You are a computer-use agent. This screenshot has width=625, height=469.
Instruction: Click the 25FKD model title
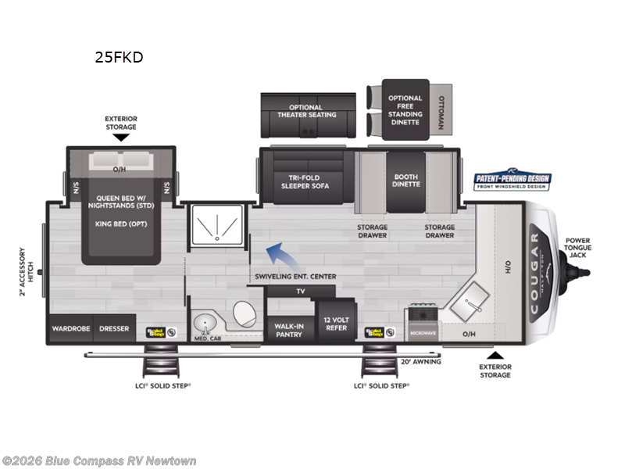(x=119, y=57)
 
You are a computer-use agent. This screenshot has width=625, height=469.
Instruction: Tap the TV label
(x=300, y=291)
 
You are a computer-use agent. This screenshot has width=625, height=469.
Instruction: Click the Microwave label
(x=423, y=334)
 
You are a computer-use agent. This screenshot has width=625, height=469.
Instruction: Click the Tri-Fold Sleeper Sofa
(x=305, y=181)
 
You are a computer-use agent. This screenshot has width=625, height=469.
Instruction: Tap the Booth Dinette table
(x=406, y=181)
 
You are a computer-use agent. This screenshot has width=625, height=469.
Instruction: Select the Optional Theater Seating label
(x=305, y=112)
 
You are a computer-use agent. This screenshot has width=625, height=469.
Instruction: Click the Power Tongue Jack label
(x=578, y=247)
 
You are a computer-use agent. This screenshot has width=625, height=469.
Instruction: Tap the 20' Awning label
(x=420, y=361)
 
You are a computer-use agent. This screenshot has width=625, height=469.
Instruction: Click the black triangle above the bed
(x=120, y=138)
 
